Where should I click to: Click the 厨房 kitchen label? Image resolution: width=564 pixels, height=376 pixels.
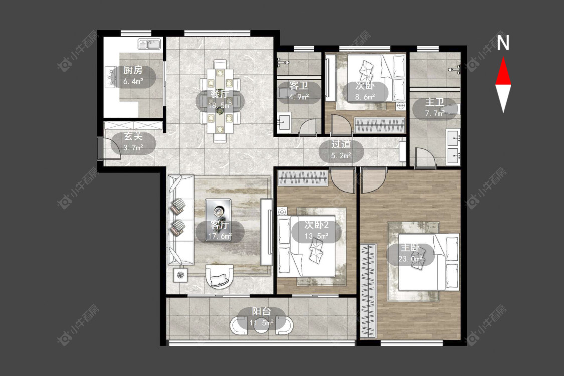click(x=133, y=70)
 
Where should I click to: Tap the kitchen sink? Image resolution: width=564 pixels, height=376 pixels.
click(x=149, y=44)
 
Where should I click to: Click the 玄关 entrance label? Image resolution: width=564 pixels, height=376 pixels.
click(x=133, y=137)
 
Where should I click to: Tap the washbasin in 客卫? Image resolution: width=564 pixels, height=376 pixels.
click(x=285, y=122)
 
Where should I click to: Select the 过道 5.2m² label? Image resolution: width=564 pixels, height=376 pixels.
click(x=341, y=150)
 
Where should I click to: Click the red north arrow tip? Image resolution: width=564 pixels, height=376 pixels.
click(x=503, y=58)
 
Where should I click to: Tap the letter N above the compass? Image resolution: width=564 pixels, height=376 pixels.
click(x=503, y=43)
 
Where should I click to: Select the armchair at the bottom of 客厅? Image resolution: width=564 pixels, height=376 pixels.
click(x=220, y=276)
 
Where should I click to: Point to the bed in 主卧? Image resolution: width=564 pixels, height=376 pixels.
click(x=429, y=261)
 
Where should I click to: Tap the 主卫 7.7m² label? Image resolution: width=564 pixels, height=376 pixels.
click(x=435, y=108)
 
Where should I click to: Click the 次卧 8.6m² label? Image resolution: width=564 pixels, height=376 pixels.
click(x=365, y=91)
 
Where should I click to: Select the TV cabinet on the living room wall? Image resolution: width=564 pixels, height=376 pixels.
click(x=266, y=232)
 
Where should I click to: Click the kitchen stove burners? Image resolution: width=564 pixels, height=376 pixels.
click(x=111, y=76)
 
